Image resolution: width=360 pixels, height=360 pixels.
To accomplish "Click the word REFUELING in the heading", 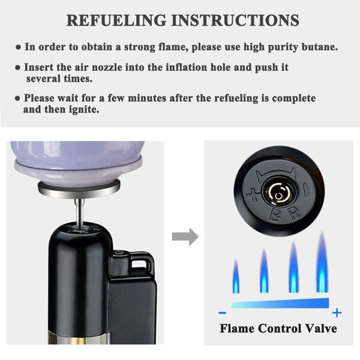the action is (116, 20).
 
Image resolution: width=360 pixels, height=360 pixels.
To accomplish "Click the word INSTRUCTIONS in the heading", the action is (235, 20).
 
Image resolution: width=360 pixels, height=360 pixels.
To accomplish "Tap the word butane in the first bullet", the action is (320, 47).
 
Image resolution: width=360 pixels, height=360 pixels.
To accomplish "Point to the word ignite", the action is (84, 110).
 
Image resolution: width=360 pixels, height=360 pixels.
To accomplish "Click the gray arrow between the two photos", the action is (185, 237).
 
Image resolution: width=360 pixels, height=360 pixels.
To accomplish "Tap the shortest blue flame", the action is (236, 276).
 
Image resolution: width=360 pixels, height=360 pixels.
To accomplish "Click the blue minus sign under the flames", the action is (222, 313).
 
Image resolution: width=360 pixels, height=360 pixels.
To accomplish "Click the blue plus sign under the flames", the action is (337, 313).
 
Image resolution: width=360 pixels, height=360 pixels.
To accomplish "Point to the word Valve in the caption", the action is (320, 328).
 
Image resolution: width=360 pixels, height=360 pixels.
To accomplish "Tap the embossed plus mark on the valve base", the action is (253, 194).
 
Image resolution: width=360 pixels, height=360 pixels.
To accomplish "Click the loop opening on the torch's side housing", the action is (139, 263).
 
